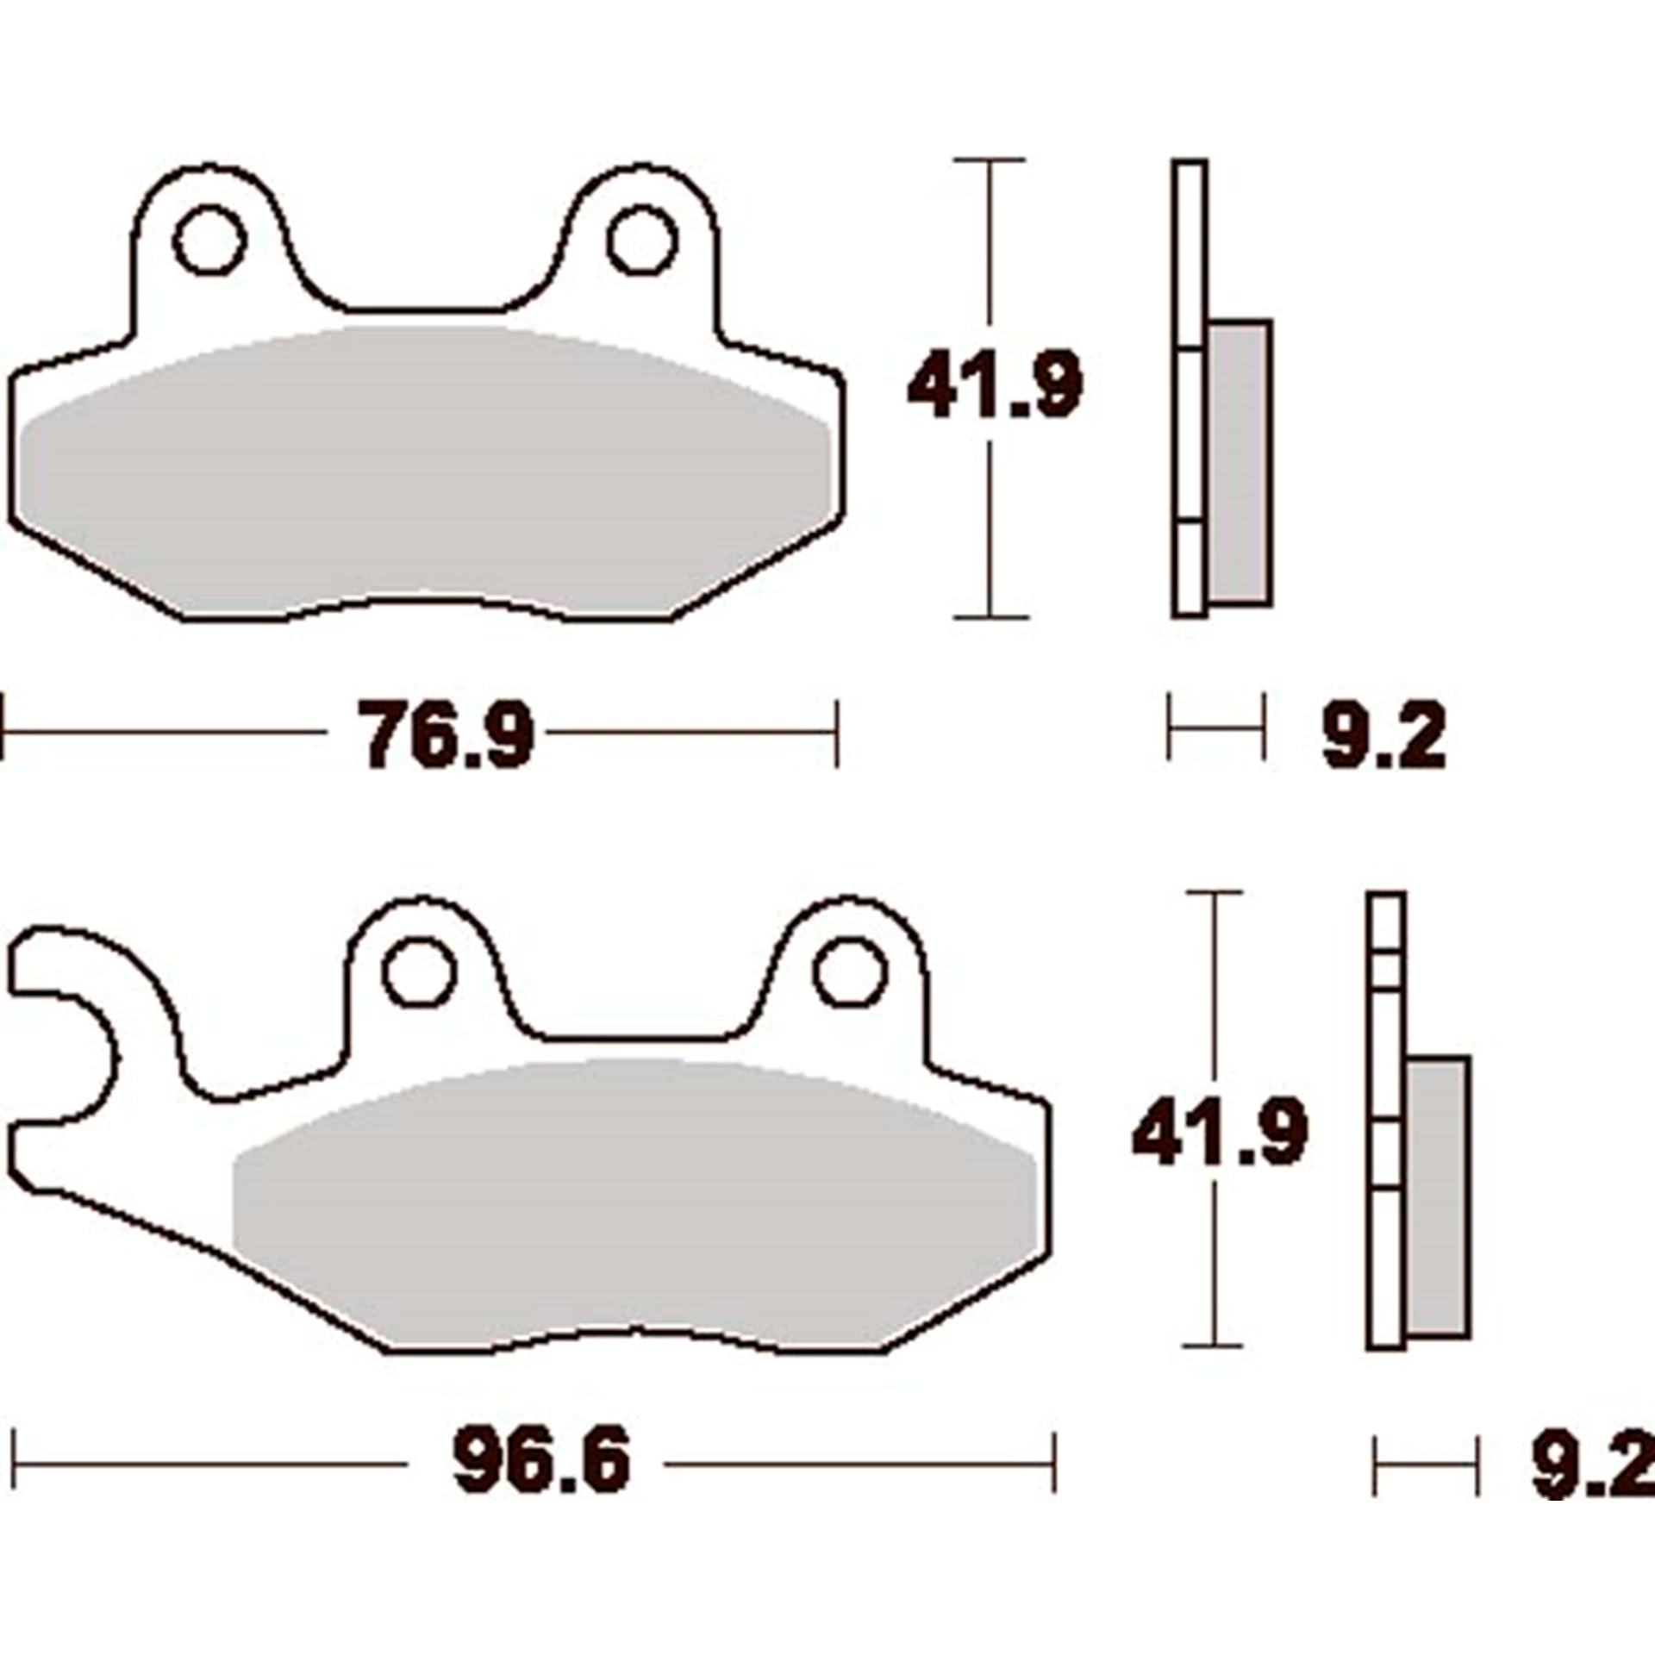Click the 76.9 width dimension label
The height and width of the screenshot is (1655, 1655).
click(x=447, y=734)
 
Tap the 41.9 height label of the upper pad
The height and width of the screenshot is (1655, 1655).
click(x=994, y=386)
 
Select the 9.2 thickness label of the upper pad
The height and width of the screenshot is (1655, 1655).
click(x=1383, y=736)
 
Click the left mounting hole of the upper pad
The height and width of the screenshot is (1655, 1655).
click(x=209, y=240)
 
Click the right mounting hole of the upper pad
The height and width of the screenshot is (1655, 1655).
click(x=642, y=240)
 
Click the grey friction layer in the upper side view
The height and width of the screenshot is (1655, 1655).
click(x=1240, y=461)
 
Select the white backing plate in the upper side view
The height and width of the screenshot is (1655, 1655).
click(x=1190, y=259)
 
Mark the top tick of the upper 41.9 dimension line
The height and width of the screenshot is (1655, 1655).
click(x=990, y=160)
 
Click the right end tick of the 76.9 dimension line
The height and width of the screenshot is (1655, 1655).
click(x=835, y=733)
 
